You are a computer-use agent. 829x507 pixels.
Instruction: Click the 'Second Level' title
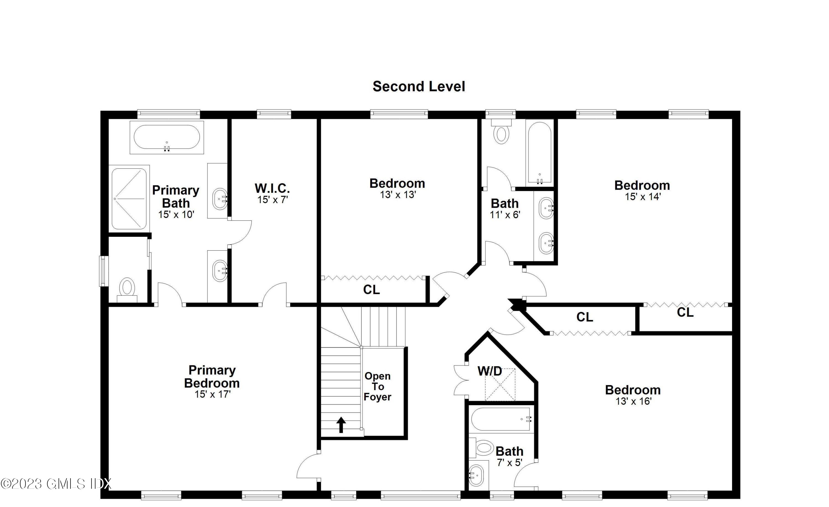[419, 87]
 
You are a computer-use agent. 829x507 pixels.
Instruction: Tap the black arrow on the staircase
[341, 425]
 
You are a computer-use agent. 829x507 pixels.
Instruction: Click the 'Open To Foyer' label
[377, 386]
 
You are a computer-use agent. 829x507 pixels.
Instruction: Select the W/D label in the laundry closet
[490, 371]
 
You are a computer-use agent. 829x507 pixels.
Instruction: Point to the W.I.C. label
[272, 188]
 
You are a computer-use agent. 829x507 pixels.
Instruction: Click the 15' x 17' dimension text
[213, 394]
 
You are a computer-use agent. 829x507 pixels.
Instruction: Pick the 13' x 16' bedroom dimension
[634, 401]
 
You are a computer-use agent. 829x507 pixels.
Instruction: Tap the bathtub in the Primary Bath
[167, 137]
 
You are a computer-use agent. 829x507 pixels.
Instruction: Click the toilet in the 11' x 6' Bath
[501, 132]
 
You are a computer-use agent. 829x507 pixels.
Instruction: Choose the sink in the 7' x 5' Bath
[476, 475]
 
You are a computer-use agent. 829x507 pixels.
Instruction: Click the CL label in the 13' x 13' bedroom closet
[371, 290]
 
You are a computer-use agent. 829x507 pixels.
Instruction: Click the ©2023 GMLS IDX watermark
[56, 484]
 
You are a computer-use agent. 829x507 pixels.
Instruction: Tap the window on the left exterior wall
[104, 271]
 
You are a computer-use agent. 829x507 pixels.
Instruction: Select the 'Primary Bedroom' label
[212, 377]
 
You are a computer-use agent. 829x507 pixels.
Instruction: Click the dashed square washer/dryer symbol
[500, 385]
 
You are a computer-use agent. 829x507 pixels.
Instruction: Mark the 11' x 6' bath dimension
[505, 215]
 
